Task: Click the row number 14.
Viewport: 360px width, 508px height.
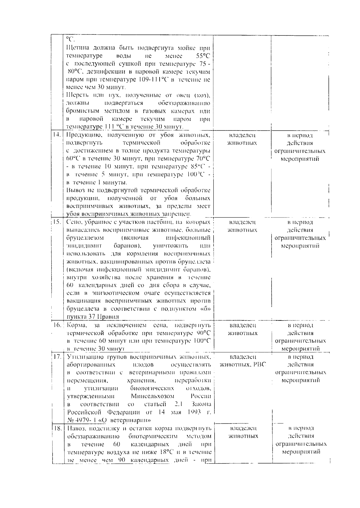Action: click(57, 135)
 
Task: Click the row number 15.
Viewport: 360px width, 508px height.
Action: click(57, 222)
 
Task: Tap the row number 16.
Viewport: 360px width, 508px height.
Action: click(57, 325)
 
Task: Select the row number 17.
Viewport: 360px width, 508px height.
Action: click(57, 357)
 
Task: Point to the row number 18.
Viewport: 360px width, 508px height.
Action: click(57, 428)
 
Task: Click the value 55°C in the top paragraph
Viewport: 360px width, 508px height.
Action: click(202, 56)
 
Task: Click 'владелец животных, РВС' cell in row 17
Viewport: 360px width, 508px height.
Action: click(243, 361)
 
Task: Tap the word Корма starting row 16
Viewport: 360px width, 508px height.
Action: click(77, 325)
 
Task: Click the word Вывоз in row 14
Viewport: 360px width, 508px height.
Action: click(75, 190)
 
